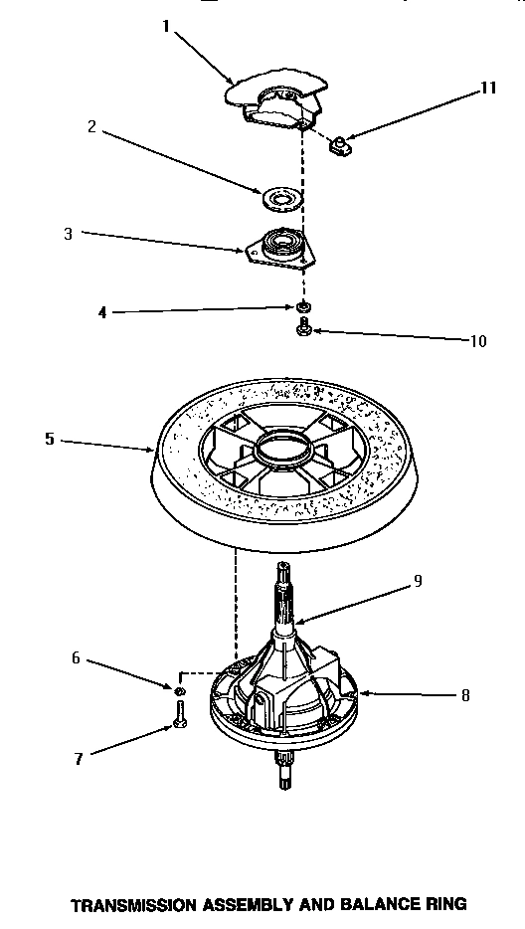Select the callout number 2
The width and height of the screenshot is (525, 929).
(90, 126)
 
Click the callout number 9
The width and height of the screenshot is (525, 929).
(418, 580)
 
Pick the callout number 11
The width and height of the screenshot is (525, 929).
(487, 88)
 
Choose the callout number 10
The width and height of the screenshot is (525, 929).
(478, 340)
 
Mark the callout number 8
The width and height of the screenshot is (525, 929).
(465, 696)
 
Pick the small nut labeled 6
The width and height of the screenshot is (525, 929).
(180, 689)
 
